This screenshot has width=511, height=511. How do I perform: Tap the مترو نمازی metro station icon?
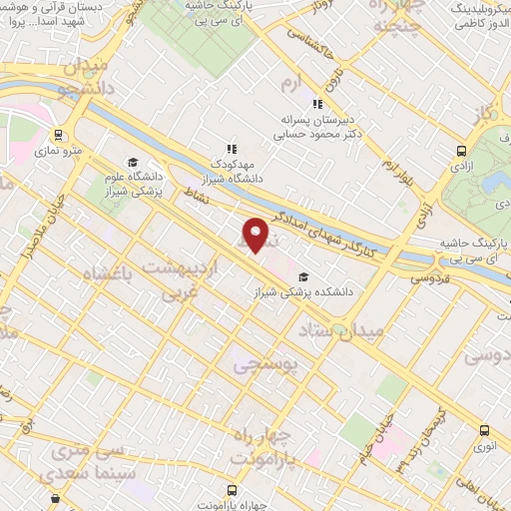coord(59,133)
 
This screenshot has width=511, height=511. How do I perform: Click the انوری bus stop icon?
coord(484,430)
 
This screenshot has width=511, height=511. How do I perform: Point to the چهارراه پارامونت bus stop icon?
coord(232,490)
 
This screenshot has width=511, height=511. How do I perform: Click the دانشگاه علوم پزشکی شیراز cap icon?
coord(132,162)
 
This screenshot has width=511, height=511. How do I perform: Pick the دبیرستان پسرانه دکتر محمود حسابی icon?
coord(317,103)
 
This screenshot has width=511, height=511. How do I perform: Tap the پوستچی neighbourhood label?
coord(265,366)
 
